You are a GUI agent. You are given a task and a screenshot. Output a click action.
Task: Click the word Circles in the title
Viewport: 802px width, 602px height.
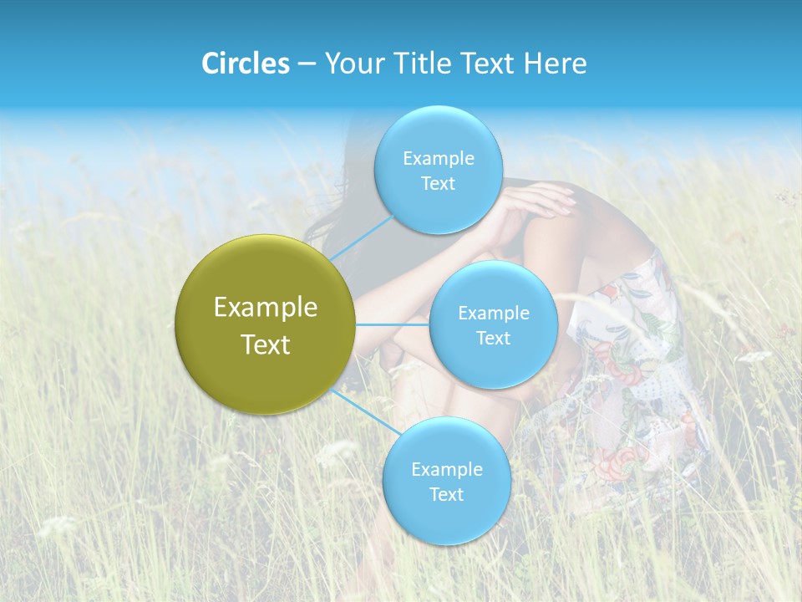pos(245,64)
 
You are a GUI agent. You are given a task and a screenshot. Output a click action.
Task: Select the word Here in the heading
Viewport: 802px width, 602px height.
pos(556,64)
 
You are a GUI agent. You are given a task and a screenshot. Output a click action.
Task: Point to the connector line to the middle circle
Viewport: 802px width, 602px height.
pos(393,324)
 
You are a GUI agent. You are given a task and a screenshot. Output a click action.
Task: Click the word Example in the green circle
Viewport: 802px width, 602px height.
pos(266,308)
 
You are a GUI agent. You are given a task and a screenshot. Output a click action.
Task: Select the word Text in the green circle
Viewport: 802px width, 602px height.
pos(266,344)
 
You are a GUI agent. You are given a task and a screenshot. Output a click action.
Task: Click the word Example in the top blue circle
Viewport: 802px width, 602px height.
pos(438,159)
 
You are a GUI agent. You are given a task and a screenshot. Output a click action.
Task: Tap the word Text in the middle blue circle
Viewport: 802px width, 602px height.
pos(493,339)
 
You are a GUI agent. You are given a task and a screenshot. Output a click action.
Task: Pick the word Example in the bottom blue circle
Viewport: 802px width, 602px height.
pos(446,470)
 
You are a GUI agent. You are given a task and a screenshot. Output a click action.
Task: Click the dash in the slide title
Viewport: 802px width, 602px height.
pos(306,64)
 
